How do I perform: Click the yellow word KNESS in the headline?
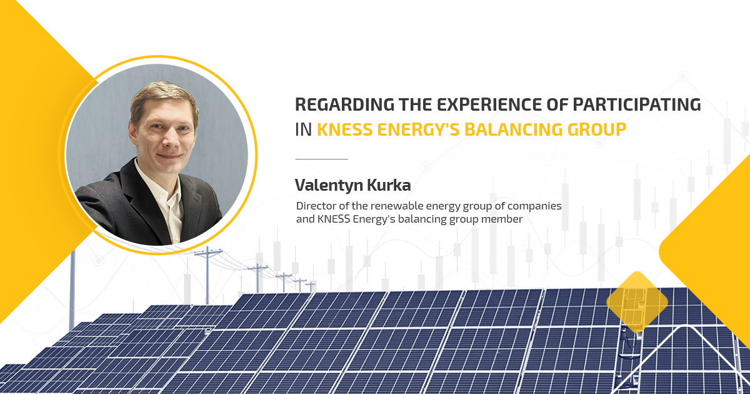(x=342, y=129)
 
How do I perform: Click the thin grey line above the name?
(x=321, y=159)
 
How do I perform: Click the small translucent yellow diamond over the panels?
(x=637, y=302)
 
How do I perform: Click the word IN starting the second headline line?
(x=302, y=129)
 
